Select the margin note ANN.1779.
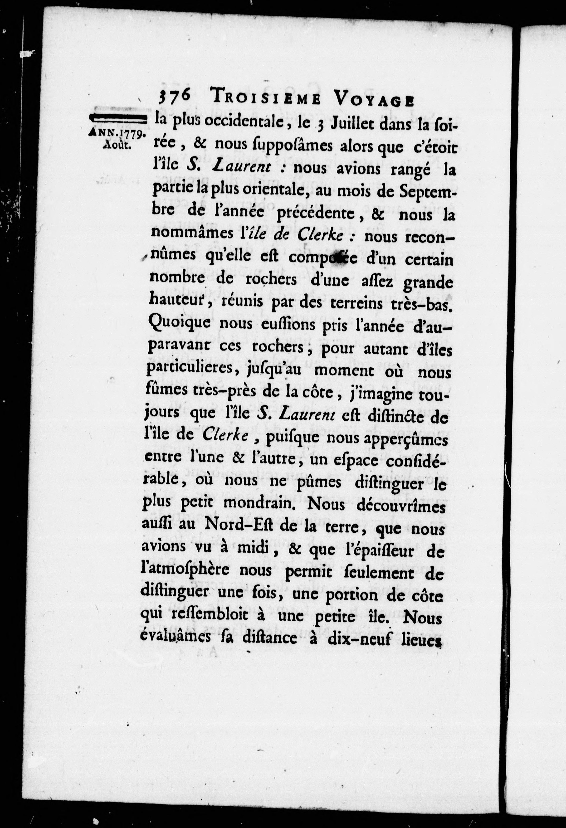point(117,133)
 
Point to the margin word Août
point(117,146)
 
